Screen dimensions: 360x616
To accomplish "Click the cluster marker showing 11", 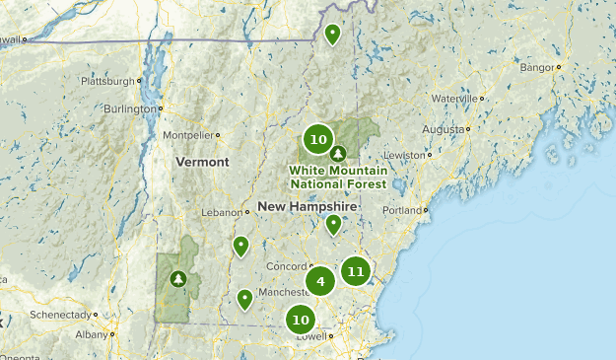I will click(356, 270).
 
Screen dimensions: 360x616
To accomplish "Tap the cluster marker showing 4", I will click(320, 282).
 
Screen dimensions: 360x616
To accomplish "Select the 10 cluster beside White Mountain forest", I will click(317, 139).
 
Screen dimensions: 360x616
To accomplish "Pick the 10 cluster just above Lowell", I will click(301, 320).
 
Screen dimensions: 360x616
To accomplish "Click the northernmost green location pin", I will click(333, 35).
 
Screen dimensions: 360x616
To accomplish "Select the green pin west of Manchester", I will click(244, 298).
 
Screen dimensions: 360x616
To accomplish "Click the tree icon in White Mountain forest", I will click(339, 153).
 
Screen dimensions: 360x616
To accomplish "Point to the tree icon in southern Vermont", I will click(178, 279).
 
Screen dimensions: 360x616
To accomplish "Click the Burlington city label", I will click(130, 108).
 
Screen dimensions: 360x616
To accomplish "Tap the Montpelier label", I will click(187, 135).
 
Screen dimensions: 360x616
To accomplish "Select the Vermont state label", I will click(202, 162).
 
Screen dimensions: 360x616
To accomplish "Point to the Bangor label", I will click(537, 68).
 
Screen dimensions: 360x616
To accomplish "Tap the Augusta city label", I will click(444, 129).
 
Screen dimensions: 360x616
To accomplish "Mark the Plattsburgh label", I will click(106, 81).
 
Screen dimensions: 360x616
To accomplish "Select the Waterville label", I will click(452, 99).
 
